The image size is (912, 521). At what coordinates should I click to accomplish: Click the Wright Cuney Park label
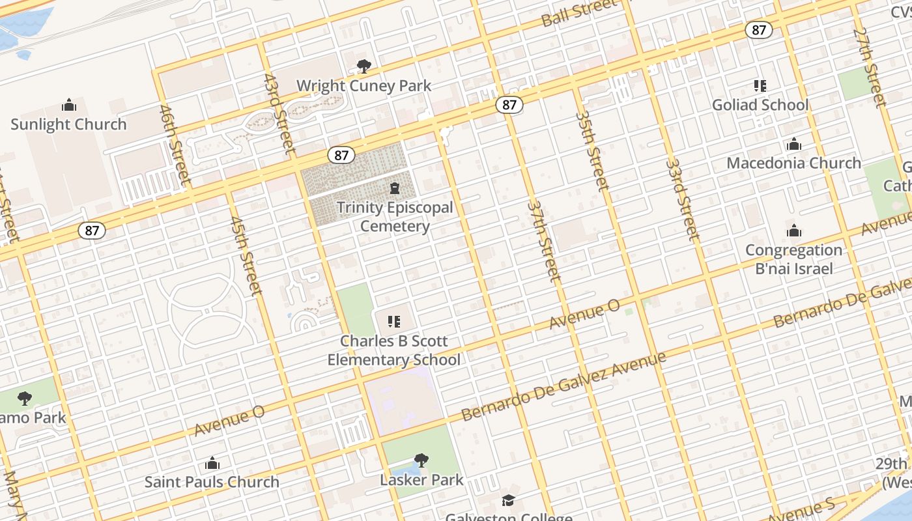(x=363, y=85)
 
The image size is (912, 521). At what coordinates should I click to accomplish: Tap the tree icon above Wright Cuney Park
(x=363, y=66)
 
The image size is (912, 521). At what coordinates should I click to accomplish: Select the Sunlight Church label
(x=68, y=124)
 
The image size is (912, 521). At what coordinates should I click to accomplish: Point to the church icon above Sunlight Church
(x=68, y=105)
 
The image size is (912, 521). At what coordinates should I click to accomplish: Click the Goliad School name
(x=760, y=105)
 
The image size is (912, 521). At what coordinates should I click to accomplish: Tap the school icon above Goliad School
(x=760, y=85)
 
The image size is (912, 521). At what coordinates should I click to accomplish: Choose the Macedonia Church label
(x=793, y=163)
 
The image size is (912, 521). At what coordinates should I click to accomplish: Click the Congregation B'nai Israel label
(x=793, y=259)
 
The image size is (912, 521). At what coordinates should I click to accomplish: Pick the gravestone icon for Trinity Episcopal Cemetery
(x=394, y=189)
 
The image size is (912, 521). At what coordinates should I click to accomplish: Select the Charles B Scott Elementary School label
(x=393, y=350)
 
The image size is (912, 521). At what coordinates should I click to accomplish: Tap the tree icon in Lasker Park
(x=421, y=460)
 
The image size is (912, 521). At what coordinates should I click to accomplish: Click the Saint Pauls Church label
(x=212, y=482)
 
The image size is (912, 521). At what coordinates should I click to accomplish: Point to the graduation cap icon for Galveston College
(x=508, y=500)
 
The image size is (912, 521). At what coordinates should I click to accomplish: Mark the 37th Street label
(x=544, y=241)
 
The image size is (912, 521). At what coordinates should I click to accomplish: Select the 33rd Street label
(x=682, y=199)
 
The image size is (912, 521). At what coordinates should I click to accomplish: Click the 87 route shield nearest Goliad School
(x=759, y=30)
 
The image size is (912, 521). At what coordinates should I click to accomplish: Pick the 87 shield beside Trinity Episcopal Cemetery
(x=341, y=155)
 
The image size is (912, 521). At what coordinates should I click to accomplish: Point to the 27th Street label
(x=869, y=66)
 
